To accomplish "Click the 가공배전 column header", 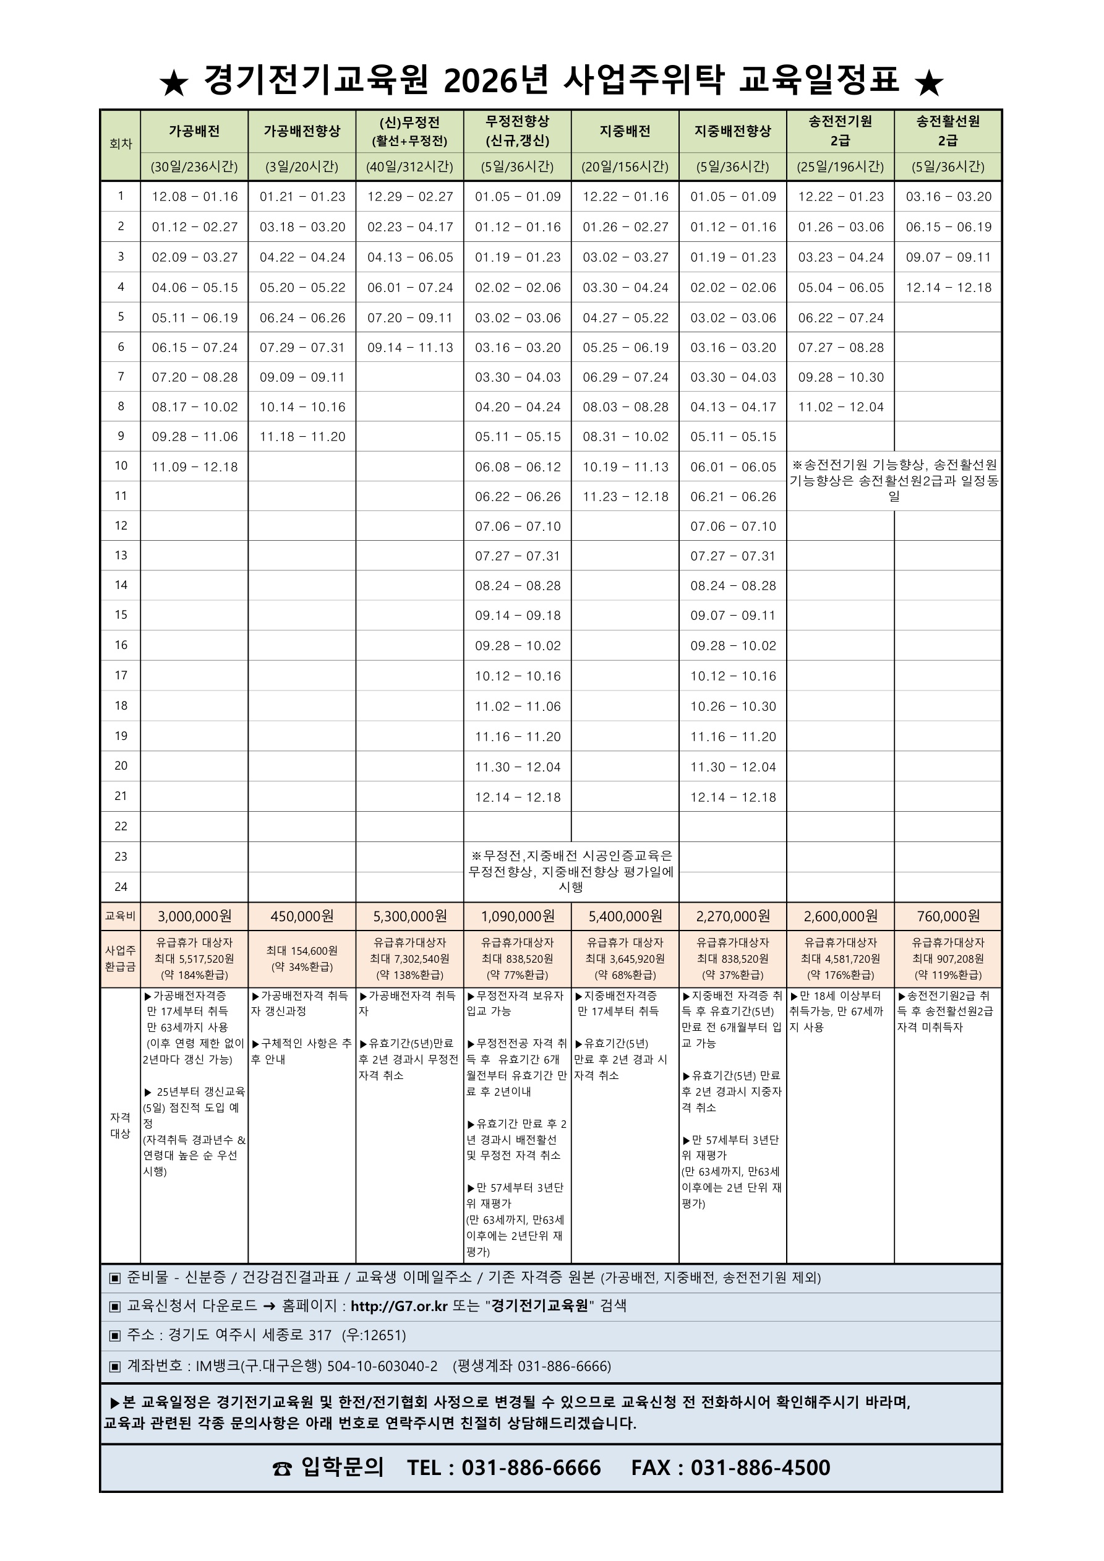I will click(x=194, y=131).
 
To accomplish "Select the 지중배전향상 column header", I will click(x=733, y=131).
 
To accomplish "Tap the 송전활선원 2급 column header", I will click(x=948, y=131).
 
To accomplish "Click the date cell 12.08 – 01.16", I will click(x=194, y=197).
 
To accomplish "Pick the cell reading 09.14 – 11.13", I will click(x=410, y=348).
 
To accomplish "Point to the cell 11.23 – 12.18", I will click(x=625, y=497).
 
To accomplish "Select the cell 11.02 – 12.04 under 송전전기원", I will click(x=841, y=407).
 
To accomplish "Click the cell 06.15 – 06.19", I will click(x=948, y=227).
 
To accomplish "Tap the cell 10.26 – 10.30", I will click(x=733, y=707).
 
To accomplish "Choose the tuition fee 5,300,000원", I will click(x=410, y=916).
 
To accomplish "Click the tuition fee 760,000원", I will click(x=948, y=916).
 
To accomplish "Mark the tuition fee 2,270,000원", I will click(x=733, y=916).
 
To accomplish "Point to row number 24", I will click(x=121, y=887).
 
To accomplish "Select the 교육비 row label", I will click(x=121, y=916).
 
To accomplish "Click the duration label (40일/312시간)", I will click(x=410, y=166).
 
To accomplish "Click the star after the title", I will click(x=930, y=83).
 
